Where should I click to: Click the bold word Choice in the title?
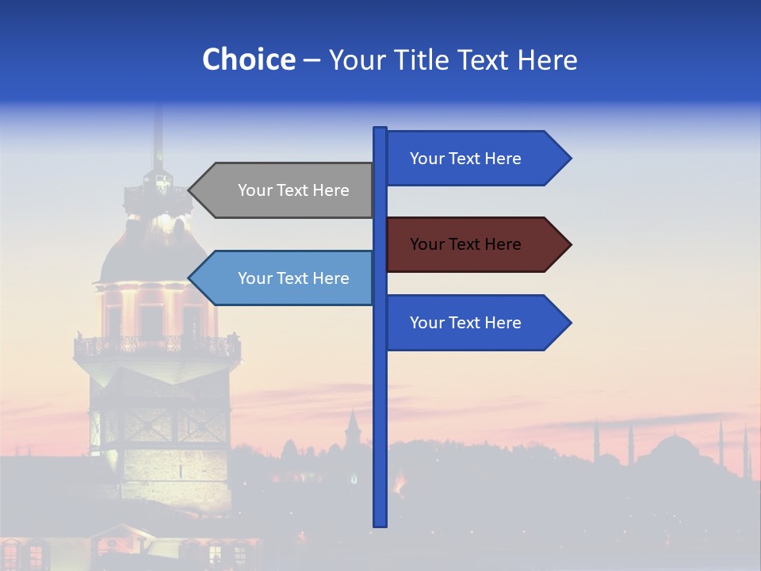click(x=248, y=59)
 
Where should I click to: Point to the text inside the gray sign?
click(x=293, y=190)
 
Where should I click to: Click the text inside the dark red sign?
click(x=465, y=244)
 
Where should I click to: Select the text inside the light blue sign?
click(x=293, y=278)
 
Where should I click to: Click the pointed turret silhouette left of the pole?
click(x=353, y=428)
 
